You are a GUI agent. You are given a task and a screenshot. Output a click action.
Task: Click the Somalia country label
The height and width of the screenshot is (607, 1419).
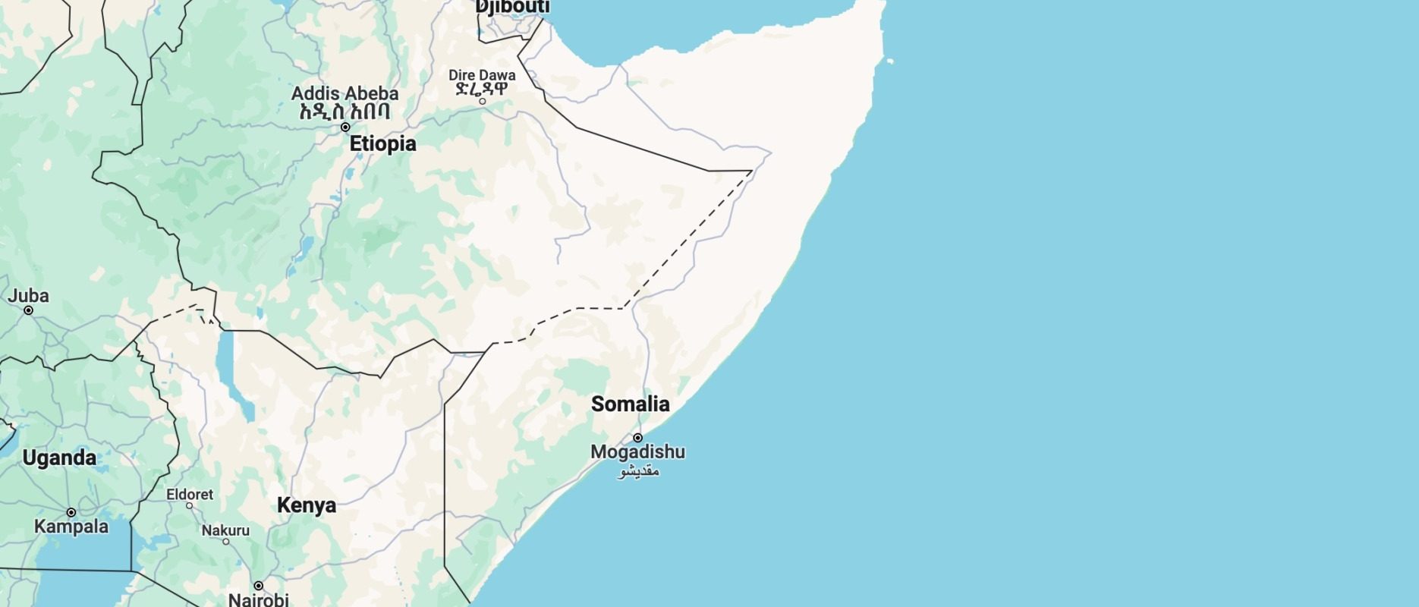[x=630, y=404]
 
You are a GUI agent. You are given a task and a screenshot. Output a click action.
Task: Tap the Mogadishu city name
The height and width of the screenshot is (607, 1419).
[x=637, y=452]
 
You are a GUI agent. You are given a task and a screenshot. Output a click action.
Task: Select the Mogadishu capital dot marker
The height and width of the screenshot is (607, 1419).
[x=638, y=438]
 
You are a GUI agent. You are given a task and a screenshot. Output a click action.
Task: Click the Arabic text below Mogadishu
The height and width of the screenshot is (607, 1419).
[x=638, y=471]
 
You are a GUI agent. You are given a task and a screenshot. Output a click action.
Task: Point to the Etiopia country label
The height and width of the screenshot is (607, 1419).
[x=382, y=143]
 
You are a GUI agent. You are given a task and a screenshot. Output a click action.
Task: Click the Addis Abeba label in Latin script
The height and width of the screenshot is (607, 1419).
[x=345, y=93]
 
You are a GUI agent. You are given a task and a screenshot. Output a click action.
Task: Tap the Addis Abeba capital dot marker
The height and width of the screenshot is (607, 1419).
[x=345, y=127]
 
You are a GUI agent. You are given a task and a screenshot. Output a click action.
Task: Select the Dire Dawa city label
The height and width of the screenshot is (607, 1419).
[x=482, y=75]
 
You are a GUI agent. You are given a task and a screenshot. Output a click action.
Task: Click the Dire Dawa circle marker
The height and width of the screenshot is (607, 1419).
[x=482, y=101]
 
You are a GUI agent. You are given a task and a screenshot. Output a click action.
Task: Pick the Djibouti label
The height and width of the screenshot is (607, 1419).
[x=512, y=7]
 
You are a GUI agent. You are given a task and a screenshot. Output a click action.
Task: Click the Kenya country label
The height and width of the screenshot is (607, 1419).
[x=306, y=505]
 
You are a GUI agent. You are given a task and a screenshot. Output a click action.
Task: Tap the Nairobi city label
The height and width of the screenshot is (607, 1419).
[x=259, y=599]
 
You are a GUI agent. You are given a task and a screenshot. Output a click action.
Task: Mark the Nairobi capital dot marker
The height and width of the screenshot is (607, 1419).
[x=259, y=586]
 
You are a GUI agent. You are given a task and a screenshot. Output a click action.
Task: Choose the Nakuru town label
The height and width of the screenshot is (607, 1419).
[x=225, y=530]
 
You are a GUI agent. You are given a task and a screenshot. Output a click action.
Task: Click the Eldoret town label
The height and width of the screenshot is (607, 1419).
[x=190, y=494]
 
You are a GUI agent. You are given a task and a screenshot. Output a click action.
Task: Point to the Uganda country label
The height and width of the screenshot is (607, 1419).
[x=59, y=458]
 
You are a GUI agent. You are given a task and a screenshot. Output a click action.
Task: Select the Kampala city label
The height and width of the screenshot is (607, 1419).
[x=71, y=527]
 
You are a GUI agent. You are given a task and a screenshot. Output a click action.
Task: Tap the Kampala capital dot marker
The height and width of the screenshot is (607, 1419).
[x=71, y=513]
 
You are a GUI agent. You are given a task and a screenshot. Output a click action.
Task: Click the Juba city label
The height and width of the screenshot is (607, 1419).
[x=28, y=296]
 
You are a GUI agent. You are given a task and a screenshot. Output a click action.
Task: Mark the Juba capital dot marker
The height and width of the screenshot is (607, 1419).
[x=29, y=310]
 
